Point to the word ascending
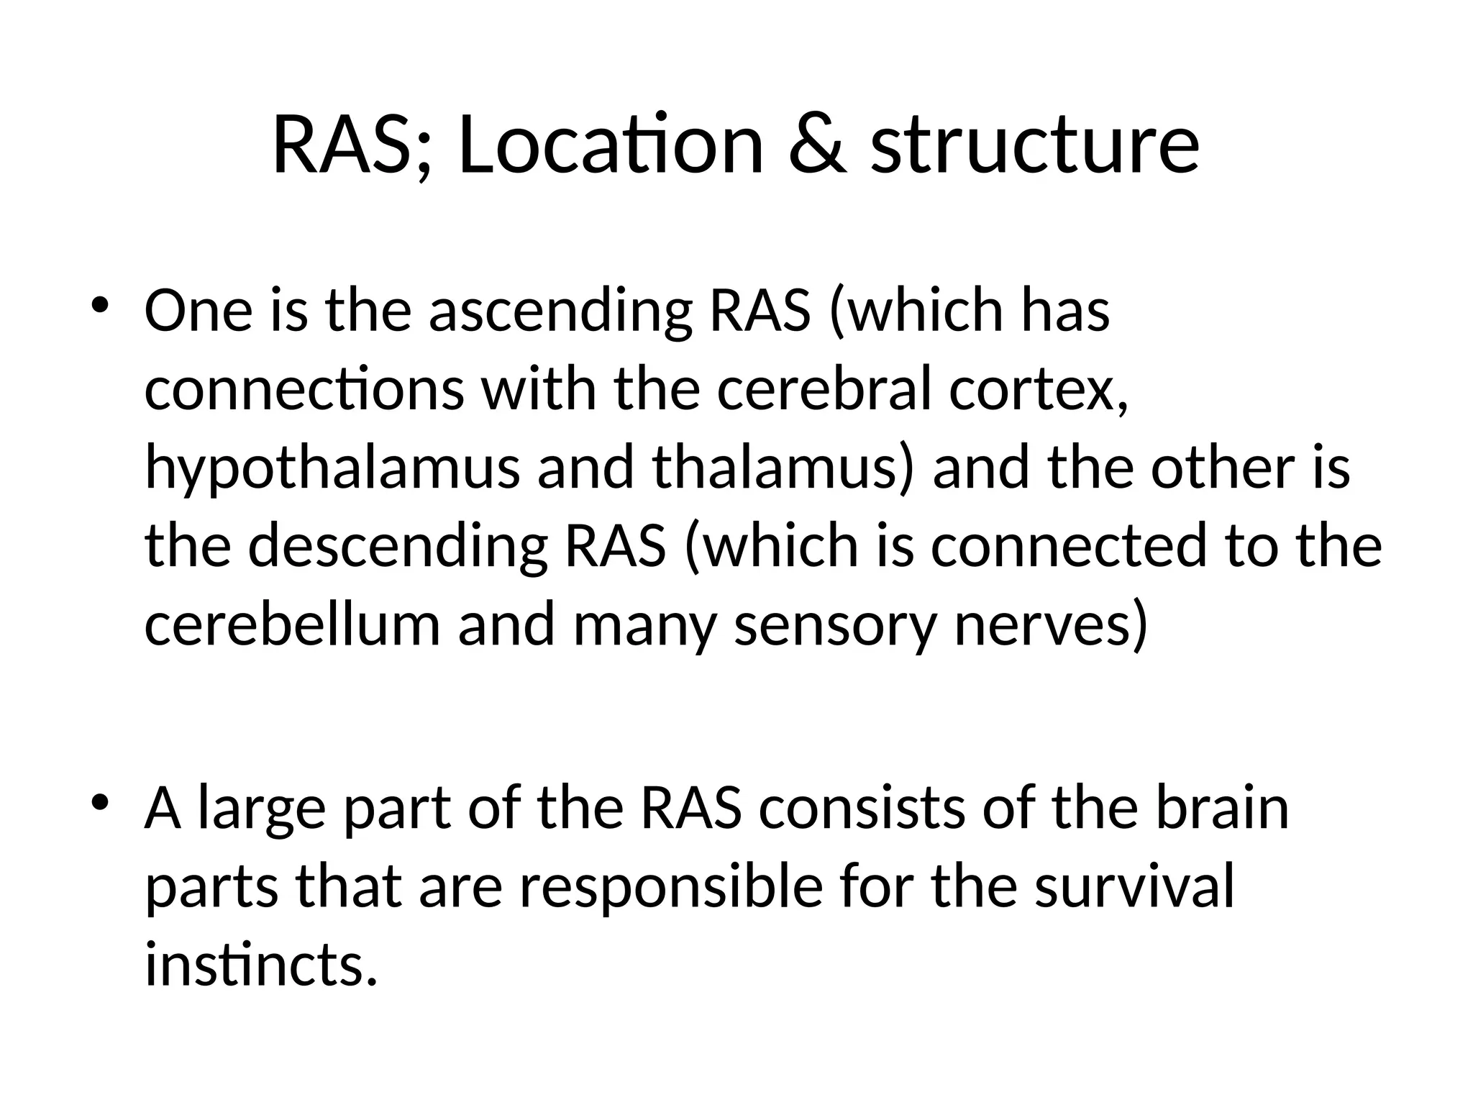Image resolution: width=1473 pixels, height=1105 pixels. [560, 313]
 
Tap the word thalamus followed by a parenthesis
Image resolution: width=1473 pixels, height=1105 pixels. [783, 468]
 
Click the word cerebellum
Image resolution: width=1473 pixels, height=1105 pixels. [292, 624]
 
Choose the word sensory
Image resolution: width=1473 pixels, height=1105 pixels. [835, 625]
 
